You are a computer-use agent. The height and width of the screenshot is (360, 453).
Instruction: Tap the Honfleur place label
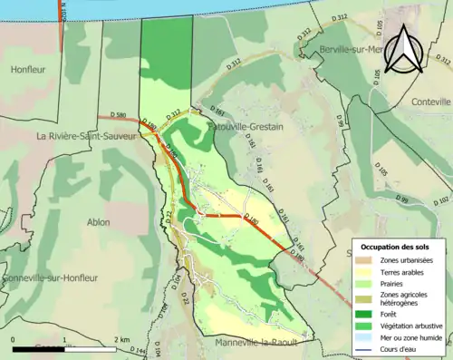tap(27, 69)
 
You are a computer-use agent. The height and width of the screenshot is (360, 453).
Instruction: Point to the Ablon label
tap(97, 221)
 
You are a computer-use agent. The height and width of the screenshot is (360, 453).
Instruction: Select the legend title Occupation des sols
tap(397, 247)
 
